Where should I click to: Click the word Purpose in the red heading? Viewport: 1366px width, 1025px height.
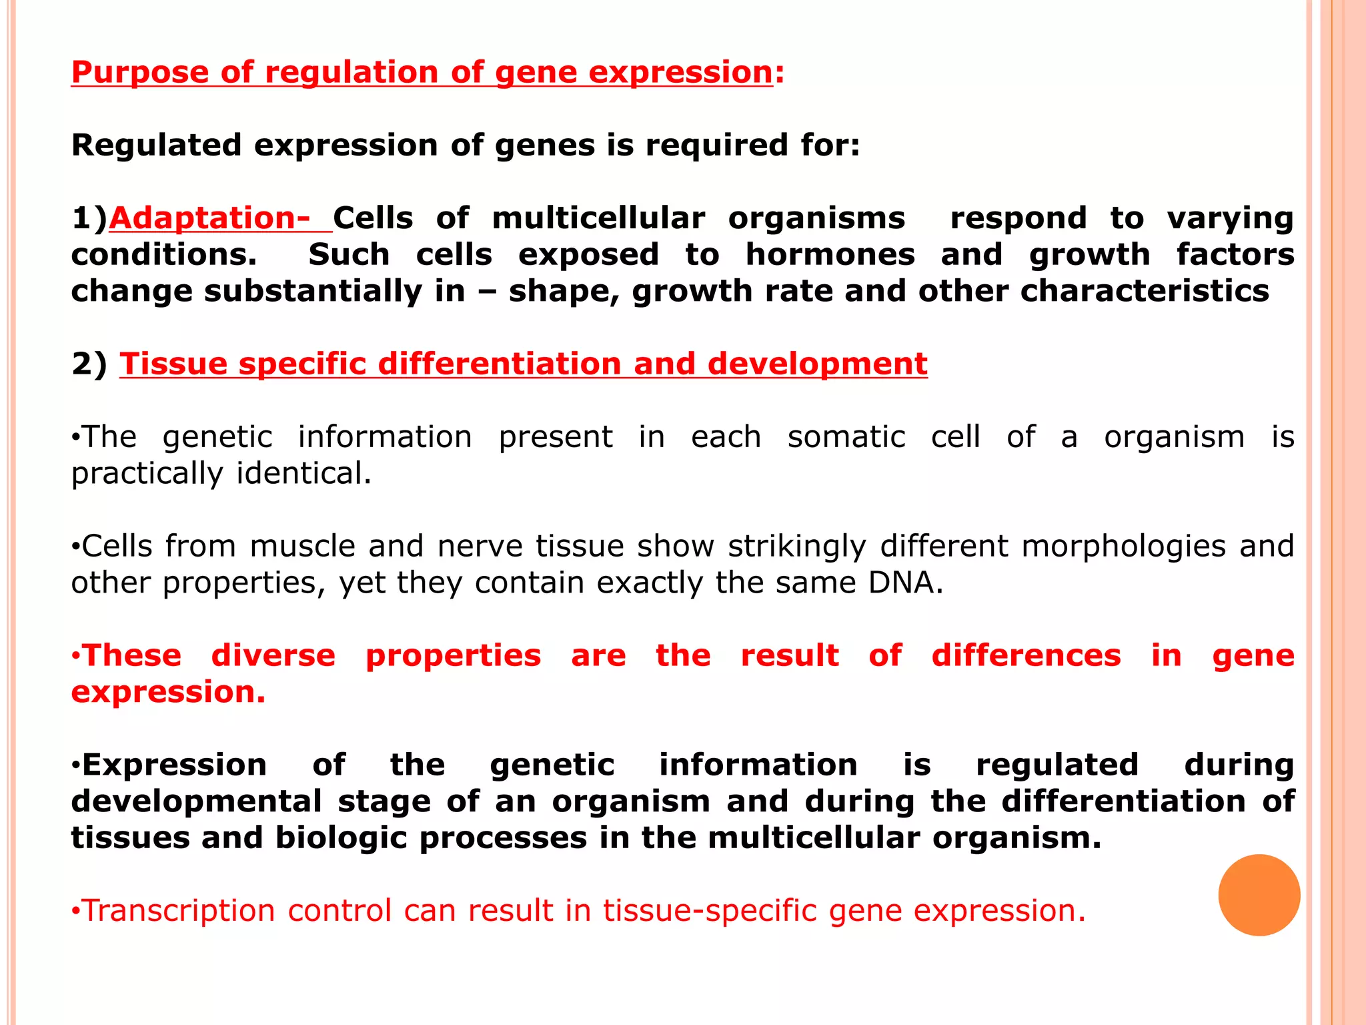click(x=139, y=73)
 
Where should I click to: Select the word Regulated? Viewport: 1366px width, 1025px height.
click(x=156, y=145)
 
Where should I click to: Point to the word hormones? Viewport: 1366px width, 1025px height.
click(x=830, y=255)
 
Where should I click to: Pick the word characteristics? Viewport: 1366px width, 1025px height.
click(x=1144, y=292)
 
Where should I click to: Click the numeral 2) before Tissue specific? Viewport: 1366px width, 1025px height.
click(x=89, y=364)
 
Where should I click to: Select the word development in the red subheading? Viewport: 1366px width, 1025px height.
click(x=817, y=364)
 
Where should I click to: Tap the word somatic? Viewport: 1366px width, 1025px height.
click(x=846, y=437)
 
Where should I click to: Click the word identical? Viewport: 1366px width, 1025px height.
click(x=303, y=474)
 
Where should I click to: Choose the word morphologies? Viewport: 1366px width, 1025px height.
click(x=1123, y=547)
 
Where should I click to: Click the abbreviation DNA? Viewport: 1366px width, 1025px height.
click(x=905, y=583)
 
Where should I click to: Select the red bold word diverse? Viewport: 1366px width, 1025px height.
click(x=273, y=656)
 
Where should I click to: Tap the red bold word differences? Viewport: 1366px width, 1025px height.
click(x=1026, y=656)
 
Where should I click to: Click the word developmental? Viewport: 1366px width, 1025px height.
click(x=196, y=801)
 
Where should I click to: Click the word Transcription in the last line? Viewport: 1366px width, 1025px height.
click(x=178, y=911)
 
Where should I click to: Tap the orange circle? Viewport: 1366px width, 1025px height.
click(x=1259, y=895)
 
